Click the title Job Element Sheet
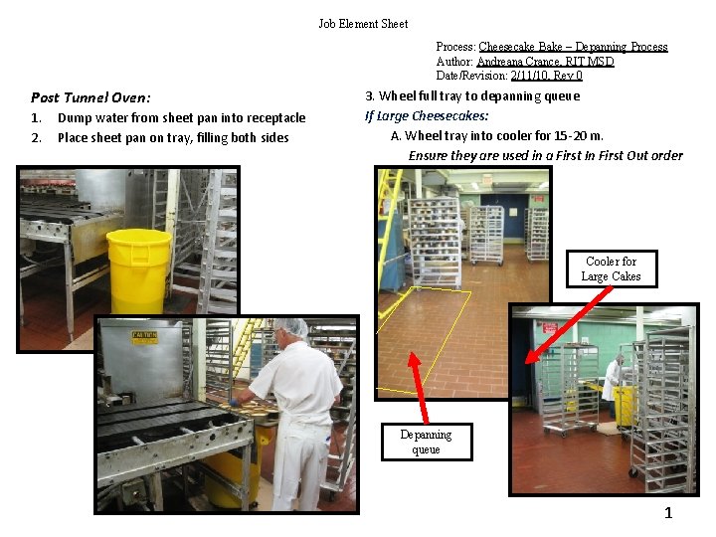[x=363, y=23]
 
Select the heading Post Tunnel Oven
[x=90, y=97]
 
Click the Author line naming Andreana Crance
[x=525, y=62]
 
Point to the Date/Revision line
[x=509, y=76]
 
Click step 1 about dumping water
[x=169, y=118]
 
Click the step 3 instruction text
[x=472, y=96]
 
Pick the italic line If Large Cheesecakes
[x=427, y=115]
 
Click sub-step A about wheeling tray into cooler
[x=497, y=135]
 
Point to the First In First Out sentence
[x=545, y=155]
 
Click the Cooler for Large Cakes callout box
[x=611, y=268]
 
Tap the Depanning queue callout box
[x=426, y=442]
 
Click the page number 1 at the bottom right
[x=668, y=514]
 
